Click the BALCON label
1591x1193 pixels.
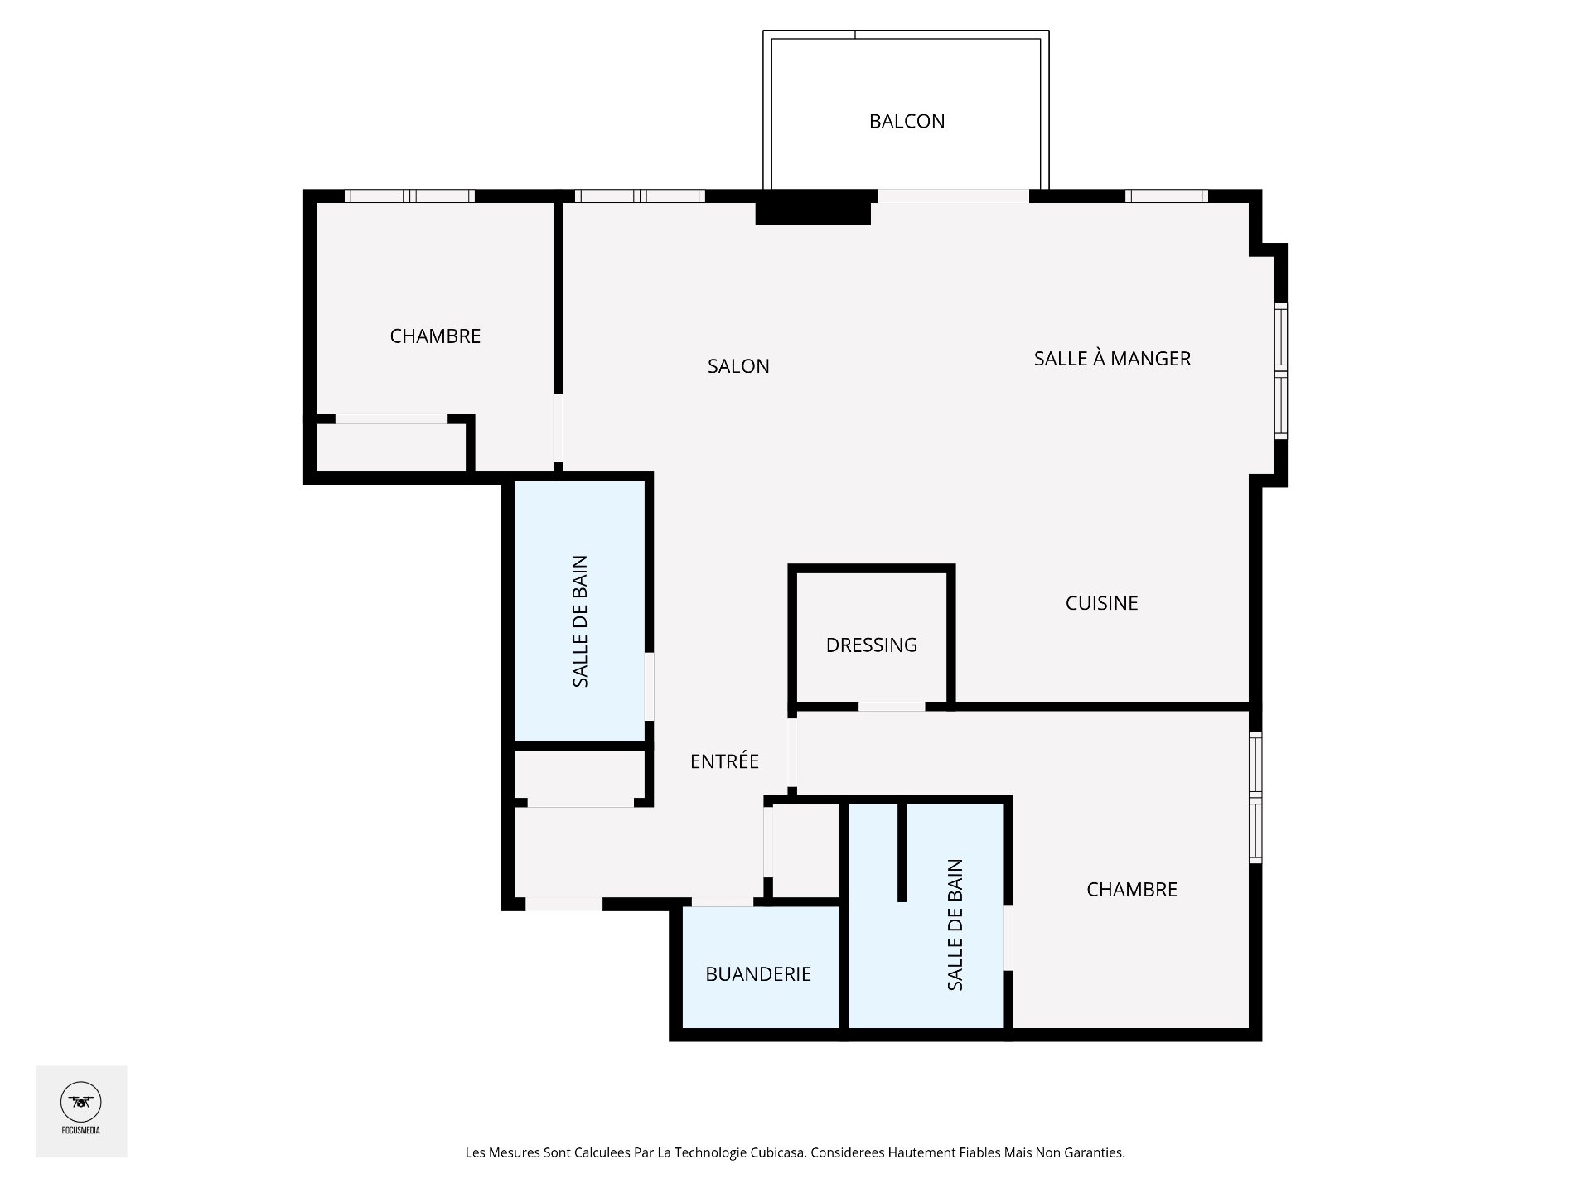coord(907,122)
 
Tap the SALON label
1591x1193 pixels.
coord(738,366)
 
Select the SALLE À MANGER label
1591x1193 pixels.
coord(1112,358)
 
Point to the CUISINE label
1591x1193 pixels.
coord(1101,603)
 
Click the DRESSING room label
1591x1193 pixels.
coord(872,645)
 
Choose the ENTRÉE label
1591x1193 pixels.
coord(724,761)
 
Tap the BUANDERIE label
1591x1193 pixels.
coord(758,974)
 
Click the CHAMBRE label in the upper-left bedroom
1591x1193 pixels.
coord(435,336)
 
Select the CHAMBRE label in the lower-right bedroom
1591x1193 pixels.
coord(1132,890)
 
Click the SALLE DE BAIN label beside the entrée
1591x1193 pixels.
coord(580,621)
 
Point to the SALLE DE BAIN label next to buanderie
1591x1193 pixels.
coord(955,925)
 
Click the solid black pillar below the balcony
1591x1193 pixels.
coord(814,207)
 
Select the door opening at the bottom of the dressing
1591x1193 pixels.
coord(892,707)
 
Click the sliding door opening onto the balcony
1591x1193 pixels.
coord(954,196)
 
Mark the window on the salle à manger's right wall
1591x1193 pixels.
coord(1281,370)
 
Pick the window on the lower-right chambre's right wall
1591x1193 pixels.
coord(1255,798)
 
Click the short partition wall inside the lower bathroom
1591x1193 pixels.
coord(902,850)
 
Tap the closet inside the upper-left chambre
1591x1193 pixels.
coord(391,447)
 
